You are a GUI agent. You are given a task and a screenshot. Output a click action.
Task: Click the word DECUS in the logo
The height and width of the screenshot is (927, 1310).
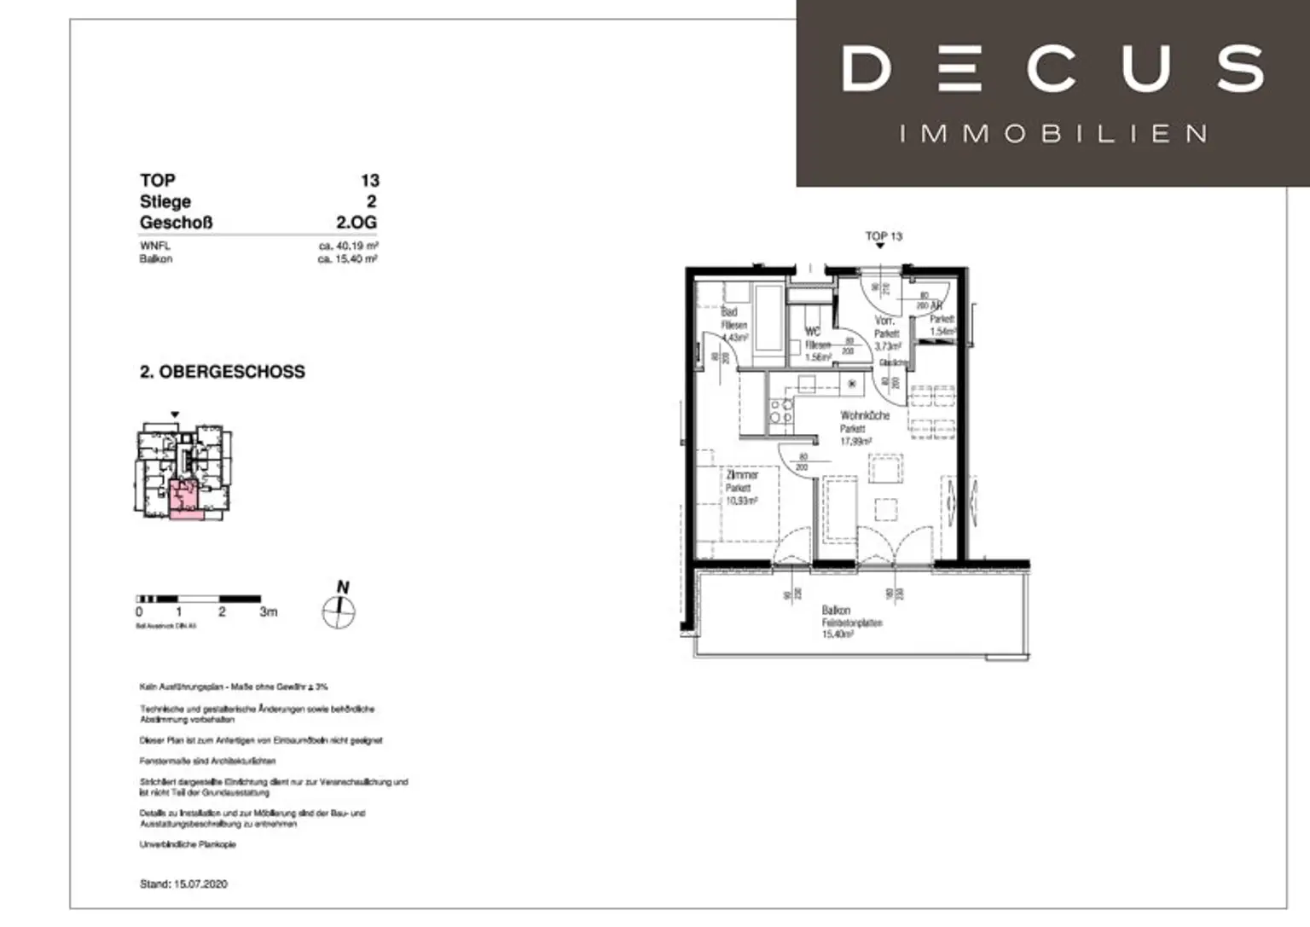pos(1052,69)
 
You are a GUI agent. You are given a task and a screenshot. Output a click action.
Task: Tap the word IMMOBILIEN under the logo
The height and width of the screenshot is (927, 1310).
pos(1052,134)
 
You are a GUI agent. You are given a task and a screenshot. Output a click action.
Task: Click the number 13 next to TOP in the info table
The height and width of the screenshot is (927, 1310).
pos(369,181)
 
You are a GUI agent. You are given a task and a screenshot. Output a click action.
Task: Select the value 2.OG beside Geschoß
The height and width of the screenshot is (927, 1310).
pos(356,223)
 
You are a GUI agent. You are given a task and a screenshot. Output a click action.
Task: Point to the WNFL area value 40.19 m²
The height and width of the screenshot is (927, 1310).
pos(348,246)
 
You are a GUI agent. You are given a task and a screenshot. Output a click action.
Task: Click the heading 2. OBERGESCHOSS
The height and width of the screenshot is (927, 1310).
pos(222,372)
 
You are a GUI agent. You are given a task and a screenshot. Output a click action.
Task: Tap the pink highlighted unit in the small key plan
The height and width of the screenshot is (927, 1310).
pos(185,499)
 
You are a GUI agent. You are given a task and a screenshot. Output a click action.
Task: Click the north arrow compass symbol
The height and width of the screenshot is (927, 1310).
pos(339,611)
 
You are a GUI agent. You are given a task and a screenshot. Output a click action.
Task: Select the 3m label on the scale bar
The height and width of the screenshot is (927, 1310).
pos(268,612)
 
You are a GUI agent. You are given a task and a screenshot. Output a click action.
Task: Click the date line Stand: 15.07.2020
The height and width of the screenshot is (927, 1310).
pos(183,884)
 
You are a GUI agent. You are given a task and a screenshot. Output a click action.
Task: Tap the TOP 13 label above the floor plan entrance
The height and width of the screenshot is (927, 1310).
pos(884,236)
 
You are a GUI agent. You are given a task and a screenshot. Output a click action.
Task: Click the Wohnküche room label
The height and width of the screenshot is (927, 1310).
pos(864,415)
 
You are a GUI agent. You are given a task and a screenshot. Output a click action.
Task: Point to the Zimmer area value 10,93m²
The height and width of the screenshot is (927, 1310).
pos(740,501)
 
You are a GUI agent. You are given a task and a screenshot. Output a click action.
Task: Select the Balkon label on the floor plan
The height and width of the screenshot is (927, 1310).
pos(836,610)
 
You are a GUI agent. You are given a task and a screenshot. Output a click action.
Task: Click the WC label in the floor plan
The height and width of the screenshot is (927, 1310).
pos(813,332)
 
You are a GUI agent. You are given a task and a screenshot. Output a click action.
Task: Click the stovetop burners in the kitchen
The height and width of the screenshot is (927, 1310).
pos(780,411)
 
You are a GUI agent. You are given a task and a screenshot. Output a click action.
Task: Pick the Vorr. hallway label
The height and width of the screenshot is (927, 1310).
pos(884,321)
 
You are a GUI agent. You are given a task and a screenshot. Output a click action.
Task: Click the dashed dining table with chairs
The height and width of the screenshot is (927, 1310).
pos(932,412)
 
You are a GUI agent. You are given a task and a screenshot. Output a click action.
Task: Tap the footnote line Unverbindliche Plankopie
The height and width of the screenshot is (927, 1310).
pos(188,844)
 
